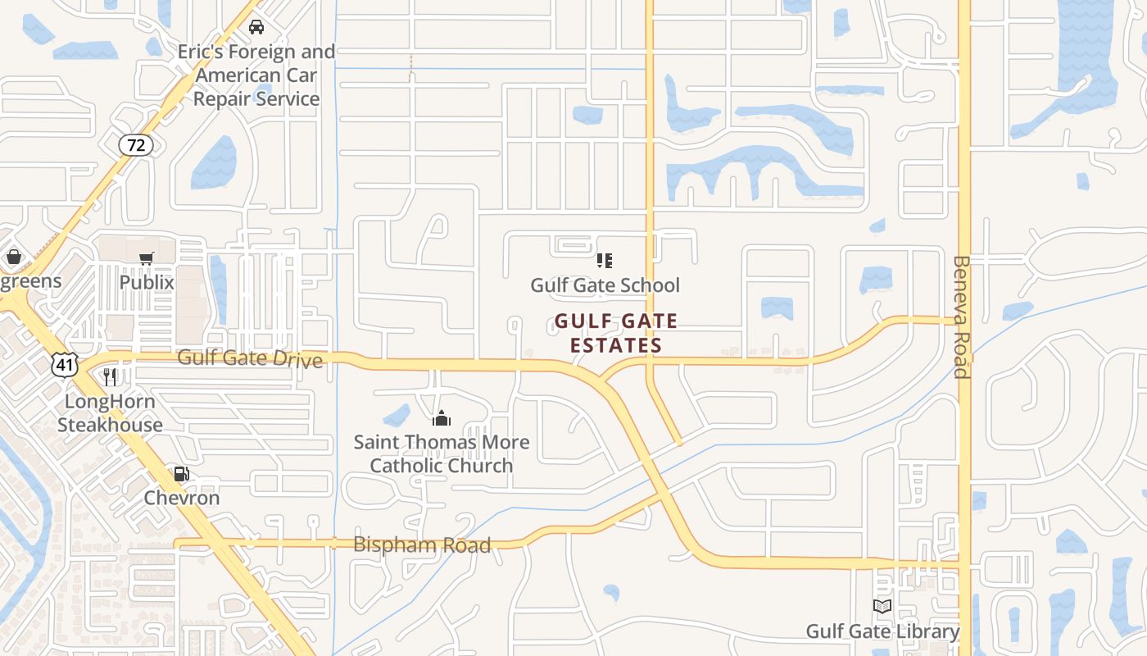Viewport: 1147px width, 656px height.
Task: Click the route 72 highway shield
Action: pos(136,145)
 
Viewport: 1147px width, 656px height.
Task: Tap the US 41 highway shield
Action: pos(64,364)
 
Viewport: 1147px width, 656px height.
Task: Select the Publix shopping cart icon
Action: pos(147,259)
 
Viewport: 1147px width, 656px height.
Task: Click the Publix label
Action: pos(147,282)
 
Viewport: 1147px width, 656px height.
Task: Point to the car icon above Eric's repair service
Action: pos(256,27)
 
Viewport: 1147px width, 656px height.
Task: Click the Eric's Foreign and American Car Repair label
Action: pos(256,75)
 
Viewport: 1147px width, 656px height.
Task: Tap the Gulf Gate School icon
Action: pos(605,261)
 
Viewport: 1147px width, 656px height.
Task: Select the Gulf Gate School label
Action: pos(605,285)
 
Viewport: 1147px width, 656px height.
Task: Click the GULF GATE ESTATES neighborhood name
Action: pos(616,333)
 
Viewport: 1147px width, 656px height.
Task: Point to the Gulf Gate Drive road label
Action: pos(250,358)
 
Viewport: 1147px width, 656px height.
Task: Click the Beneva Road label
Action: pos(962,317)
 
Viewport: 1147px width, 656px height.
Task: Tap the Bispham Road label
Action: pos(422,544)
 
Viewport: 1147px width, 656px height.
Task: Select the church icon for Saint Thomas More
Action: pos(442,419)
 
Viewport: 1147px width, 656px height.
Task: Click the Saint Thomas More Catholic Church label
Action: pos(442,454)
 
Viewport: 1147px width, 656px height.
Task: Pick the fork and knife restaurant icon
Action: pos(110,377)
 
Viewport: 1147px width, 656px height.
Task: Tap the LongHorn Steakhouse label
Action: pos(110,413)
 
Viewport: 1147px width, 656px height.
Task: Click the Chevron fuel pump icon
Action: pos(181,474)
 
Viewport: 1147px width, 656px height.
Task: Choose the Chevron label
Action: pos(182,498)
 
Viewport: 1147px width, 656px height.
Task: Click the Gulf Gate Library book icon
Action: pos(882,607)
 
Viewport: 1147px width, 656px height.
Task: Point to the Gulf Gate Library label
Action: pos(882,631)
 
